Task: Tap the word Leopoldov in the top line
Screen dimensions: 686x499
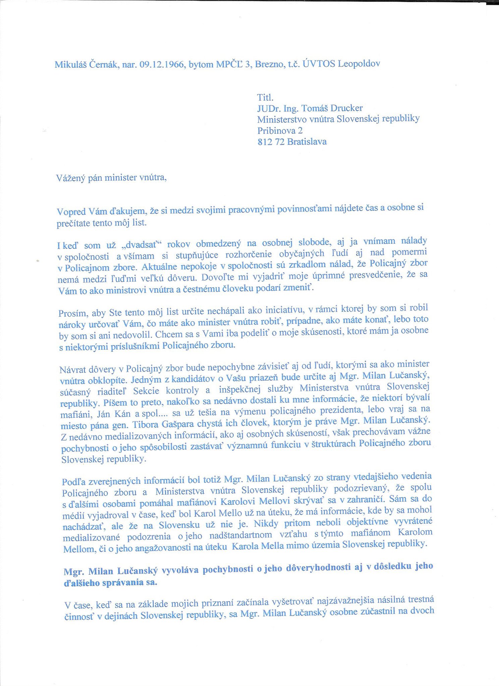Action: (x=359, y=63)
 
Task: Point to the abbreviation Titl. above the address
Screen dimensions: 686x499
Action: (x=265, y=98)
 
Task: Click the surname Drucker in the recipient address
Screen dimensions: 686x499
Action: (x=347, y=108)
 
